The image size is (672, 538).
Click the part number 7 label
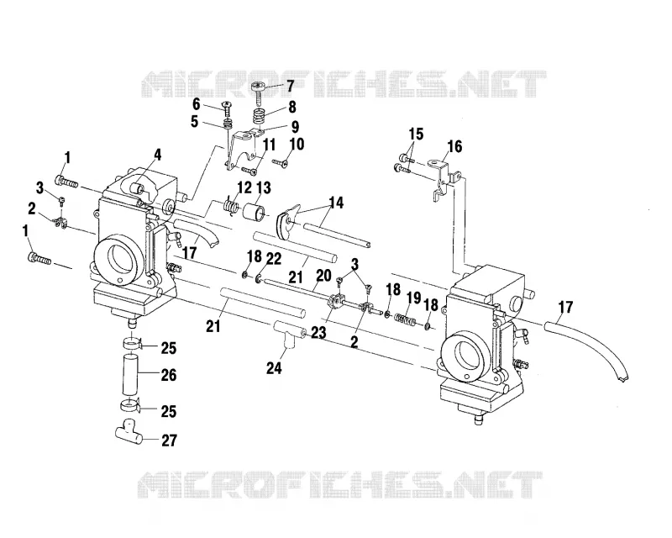coord(290,87)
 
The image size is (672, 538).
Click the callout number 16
coord(454,147)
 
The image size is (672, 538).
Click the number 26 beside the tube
coord(169,376)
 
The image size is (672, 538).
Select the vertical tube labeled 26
coord(129,374)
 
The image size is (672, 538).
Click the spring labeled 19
coord(405,319)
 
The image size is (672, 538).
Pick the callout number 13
coord(264,188)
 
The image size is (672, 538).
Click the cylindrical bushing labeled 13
coord(254,212)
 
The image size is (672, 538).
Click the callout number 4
coord(158,155)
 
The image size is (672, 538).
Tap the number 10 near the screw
coord(297,144)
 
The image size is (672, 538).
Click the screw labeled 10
coord(280,162)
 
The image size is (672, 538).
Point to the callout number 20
coord(324,276)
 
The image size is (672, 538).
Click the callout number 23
coord(318,333)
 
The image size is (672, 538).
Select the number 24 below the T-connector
coord(275,368)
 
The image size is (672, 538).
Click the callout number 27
coord(169,440)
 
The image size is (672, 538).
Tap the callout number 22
coord(274,259)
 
